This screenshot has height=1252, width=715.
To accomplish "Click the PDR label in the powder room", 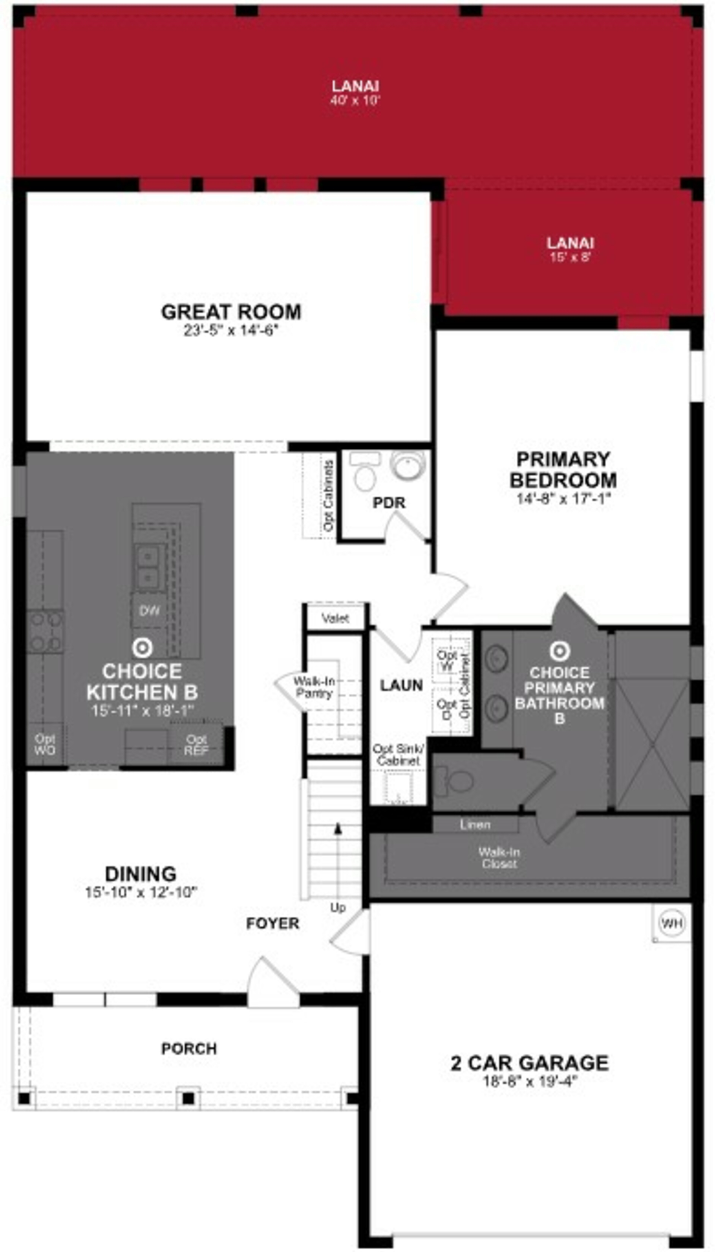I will coord(389,503).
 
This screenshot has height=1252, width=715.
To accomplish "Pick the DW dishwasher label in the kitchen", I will coord(149,611).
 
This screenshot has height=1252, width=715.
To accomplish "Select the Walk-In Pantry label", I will coord(314,687).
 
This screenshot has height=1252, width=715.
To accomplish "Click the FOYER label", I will coord(273,924).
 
